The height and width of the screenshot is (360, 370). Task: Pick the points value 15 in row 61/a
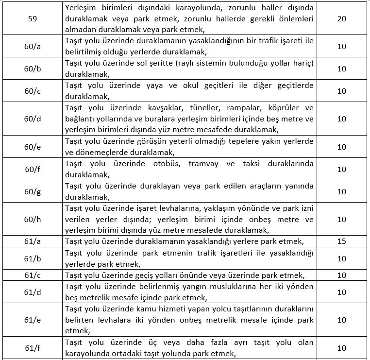point(341,241)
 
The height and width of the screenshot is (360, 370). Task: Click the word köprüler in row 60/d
point(288,106)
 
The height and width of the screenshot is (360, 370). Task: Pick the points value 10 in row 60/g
point(341,192)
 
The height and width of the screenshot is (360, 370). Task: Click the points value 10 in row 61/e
point(341,320)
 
